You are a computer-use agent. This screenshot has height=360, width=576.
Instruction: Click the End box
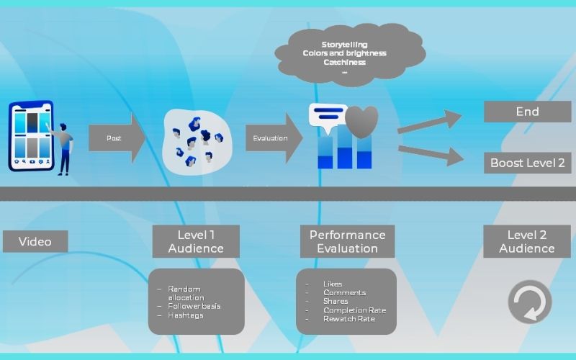click(x=527, y=112)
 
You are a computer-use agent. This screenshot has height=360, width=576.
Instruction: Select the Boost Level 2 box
click(x=527, y=163)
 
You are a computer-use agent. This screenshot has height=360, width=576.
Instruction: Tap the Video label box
click(x=35, y=241)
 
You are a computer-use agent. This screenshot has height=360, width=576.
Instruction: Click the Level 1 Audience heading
click(x=196, y=241)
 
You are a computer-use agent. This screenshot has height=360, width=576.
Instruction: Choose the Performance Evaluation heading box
click(x=347, y=241)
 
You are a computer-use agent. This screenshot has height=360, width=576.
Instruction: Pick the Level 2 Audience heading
click(x=527, y=241)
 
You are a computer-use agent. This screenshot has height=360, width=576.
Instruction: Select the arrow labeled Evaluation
click(x=274, y=138)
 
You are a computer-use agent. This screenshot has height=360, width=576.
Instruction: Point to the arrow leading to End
click(x=430, y=122)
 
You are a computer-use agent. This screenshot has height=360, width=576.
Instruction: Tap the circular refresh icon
click(x=530, y=302)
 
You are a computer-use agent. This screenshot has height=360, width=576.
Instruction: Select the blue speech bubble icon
click(x=328, y=116)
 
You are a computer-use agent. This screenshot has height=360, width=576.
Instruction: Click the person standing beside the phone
click(x=64, y=148)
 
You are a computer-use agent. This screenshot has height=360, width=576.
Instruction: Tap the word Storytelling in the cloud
click(x=345, y=45)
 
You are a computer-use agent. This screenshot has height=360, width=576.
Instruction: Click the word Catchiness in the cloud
click(x=345, y=62)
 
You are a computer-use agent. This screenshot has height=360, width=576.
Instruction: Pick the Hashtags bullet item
click(x=185, y=315)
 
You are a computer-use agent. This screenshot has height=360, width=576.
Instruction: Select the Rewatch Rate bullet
click(x=349, y=318)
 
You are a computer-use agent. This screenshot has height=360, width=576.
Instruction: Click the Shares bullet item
click(x=336, y=301)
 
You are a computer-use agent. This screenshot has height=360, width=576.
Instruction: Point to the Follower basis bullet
click(x=194, y=306)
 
